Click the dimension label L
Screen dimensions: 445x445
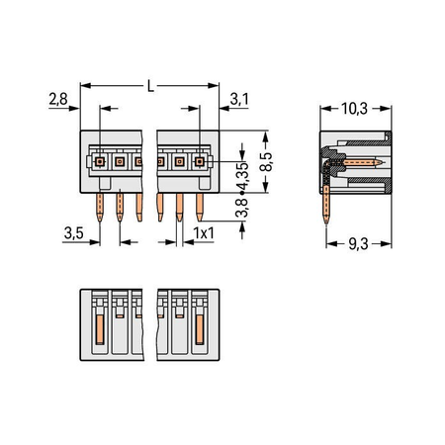pos(150,86)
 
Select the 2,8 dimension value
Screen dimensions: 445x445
pos(58,99)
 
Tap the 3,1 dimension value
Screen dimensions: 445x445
pos(239,99)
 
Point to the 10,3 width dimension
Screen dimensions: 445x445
pos(354,109)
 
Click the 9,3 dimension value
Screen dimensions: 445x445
pos(358,244)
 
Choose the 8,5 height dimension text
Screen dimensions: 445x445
pos(266,161)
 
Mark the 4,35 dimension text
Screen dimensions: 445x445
pos(243,174)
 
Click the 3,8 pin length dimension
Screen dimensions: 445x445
pos(243,208)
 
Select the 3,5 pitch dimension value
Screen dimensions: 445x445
pos(74,233)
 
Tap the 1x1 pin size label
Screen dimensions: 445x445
pos(204,233)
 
